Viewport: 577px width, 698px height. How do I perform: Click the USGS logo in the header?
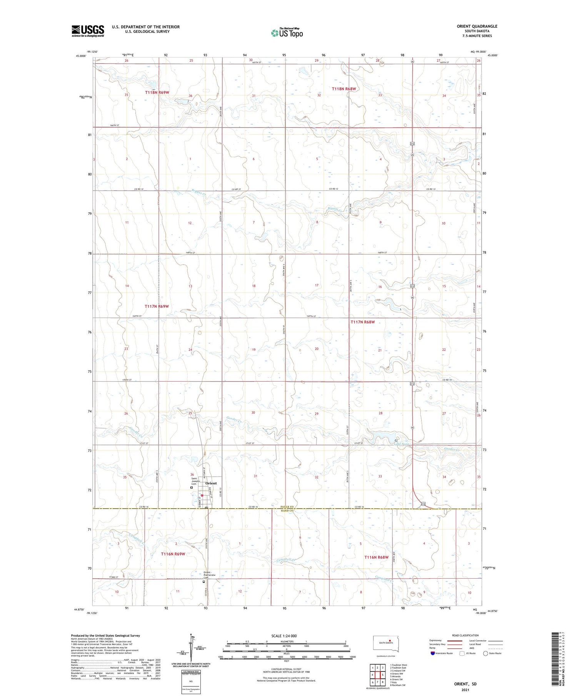tap(88, 31)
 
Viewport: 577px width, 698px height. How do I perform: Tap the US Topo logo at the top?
tap(287, 33)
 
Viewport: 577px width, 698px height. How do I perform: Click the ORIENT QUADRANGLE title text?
tap(477, 26)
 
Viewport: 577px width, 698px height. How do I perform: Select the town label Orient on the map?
tap(211, 483)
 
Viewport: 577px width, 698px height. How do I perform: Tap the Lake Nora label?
tap(400, 444)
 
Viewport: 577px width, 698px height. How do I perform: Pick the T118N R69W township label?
tap(157, 92)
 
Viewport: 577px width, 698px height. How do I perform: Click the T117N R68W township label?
tap(362, 322)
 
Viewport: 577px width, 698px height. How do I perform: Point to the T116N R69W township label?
tap(173, 554)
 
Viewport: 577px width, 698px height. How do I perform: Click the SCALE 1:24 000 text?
tap(284, 636)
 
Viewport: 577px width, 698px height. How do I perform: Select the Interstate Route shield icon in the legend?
tap(433, 653)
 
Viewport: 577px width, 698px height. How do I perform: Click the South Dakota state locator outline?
tap(386, 643)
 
